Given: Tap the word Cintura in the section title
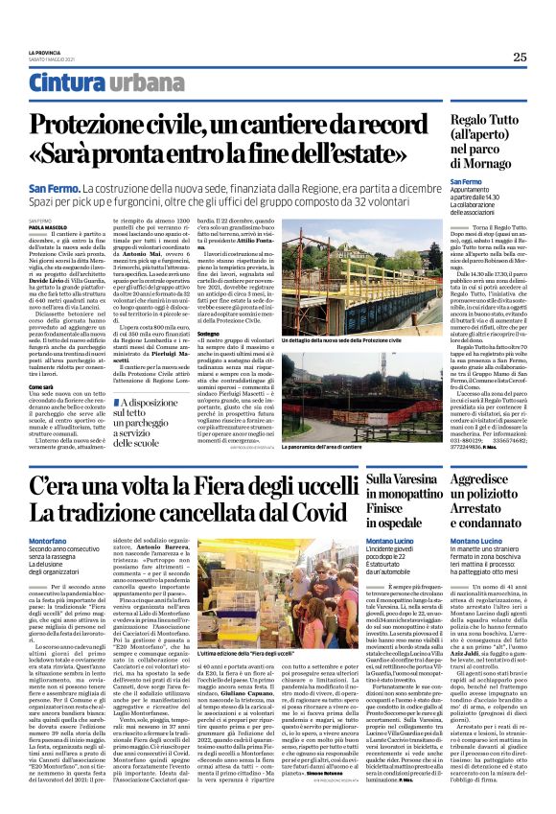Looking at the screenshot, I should pyautogui.click(x=66, y=83).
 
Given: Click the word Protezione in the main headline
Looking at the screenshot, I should pyautogui.click(x=92, y=125).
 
